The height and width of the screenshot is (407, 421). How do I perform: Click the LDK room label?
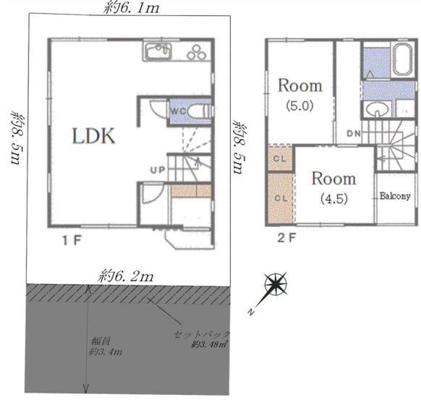coord(93,136)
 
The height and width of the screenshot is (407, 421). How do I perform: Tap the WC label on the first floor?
coord(178,111)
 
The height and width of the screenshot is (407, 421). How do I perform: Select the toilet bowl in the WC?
coord(198,111)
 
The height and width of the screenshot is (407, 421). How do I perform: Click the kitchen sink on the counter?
coord(158,51)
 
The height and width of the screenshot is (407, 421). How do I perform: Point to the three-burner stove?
coord(197,52)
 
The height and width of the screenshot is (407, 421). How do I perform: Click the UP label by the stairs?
coord(158,170)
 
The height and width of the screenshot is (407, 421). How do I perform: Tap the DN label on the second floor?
coord(354,133)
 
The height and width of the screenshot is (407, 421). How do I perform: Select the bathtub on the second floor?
coord(402,59)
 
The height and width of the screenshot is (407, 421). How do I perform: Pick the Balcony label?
coord(395,196)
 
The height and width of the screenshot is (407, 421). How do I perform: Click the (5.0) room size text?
coord(299,106)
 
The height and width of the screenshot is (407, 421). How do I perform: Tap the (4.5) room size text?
coord(334,199)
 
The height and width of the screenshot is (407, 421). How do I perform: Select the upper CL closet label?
coord(280,158)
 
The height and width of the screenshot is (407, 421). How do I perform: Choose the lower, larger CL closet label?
coord(281,198)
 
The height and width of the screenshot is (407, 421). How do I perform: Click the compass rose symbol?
coord(275,284)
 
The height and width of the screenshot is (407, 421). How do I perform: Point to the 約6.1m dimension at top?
coord(132,8)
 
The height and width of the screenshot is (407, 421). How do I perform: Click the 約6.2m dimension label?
coord(126,276)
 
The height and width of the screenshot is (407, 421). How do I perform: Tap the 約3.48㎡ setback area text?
coord(210,344)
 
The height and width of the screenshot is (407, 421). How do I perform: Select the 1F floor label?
coord(72,240)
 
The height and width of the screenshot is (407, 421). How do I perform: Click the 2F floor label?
coord(286,237)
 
